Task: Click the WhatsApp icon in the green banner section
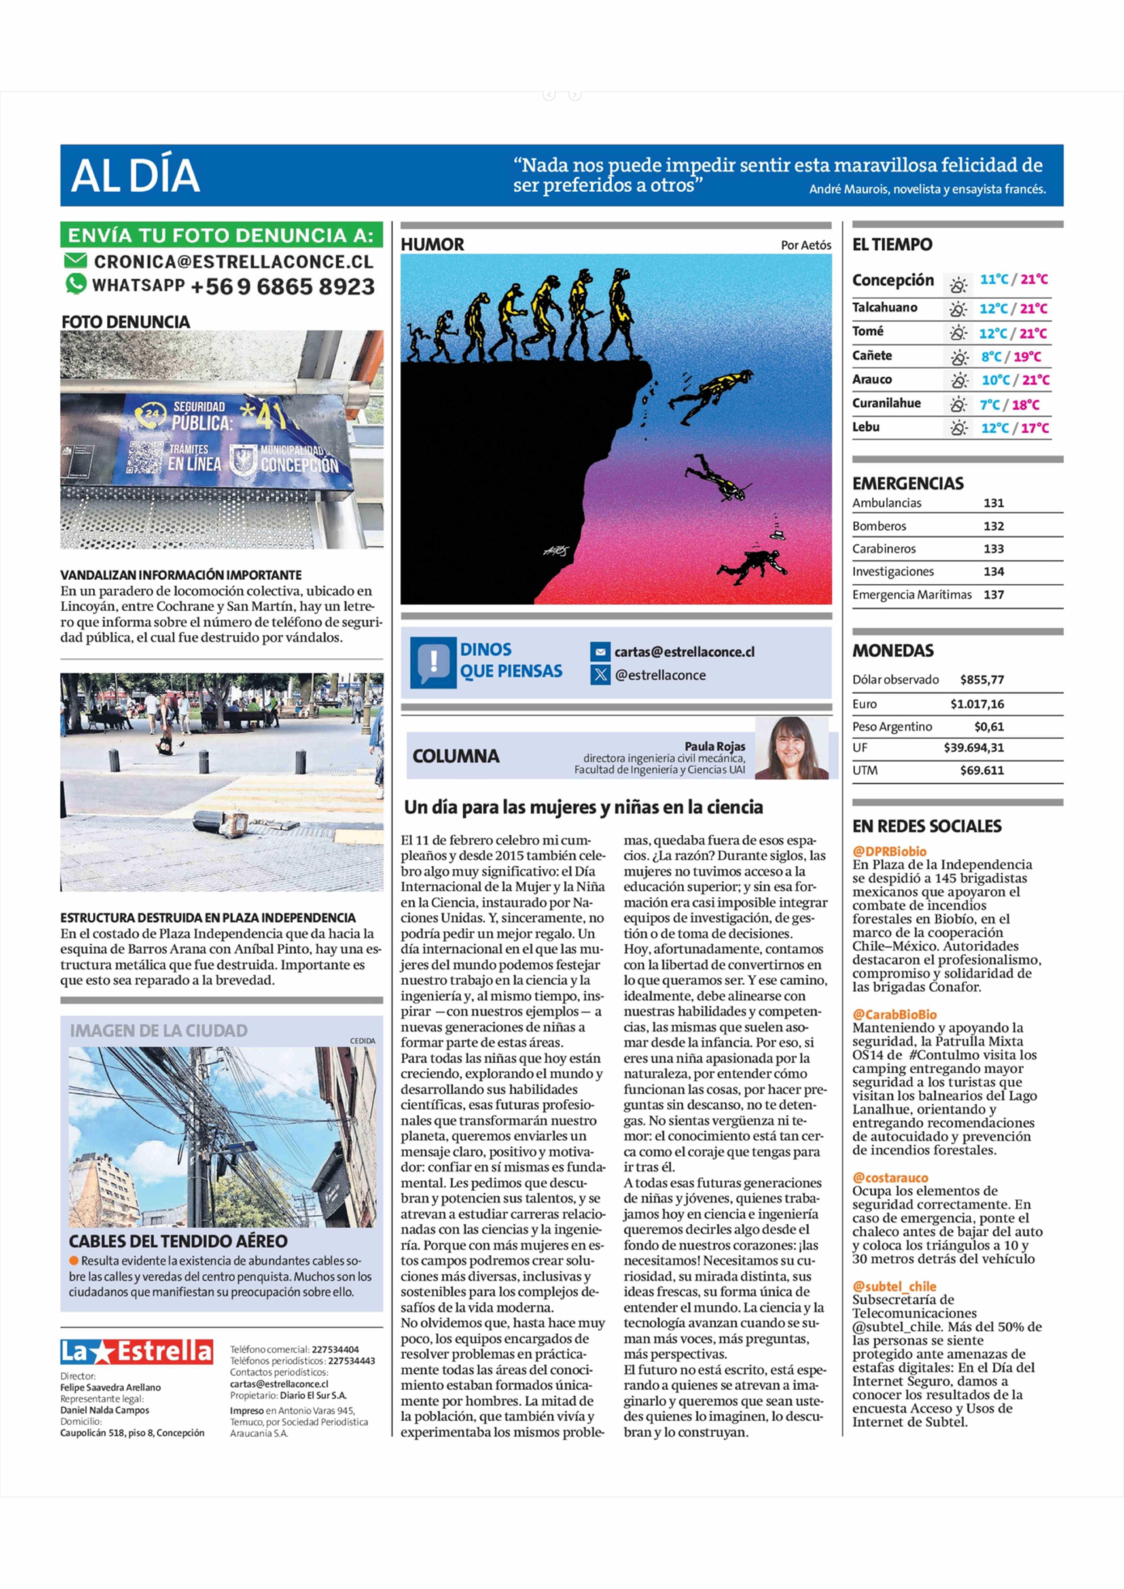pos(76,284)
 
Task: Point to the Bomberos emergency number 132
pos(993,526)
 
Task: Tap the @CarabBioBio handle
pos(894,1015)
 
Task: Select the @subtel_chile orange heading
pos(894,1287)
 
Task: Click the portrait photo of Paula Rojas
pos(791,749)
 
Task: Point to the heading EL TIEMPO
pos(892,244)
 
